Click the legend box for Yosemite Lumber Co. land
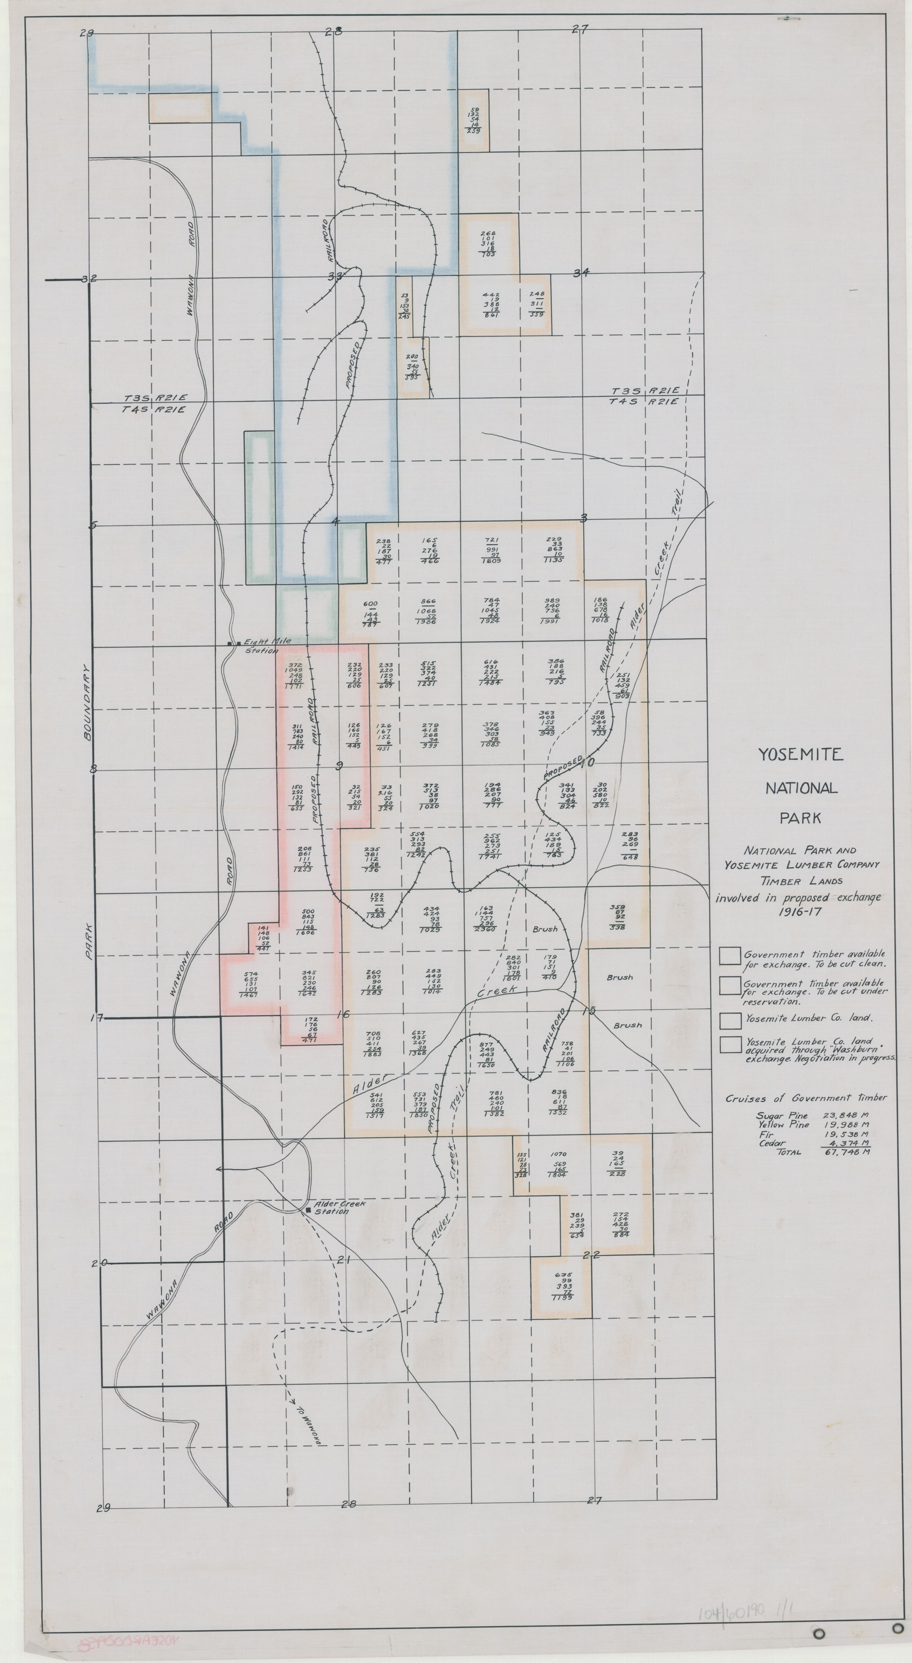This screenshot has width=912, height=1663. pyautogui.click(x=730, y=1020)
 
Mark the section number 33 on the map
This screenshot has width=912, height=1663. pyautogui.click(x=335, y=276)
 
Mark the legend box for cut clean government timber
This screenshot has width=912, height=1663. pyautogui.click(x=730, y=956)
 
